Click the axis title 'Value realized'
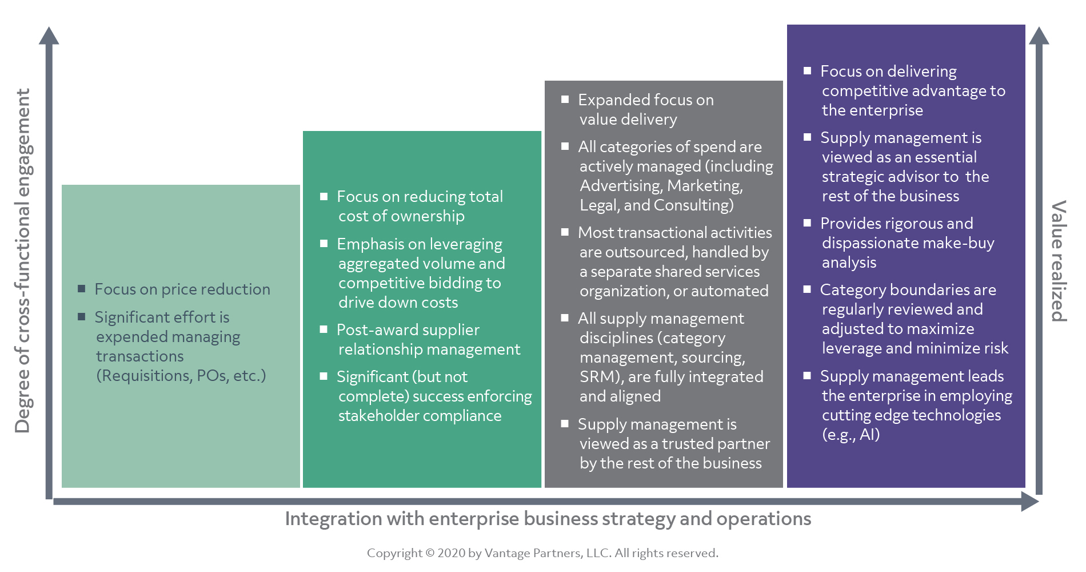coord(1059,261)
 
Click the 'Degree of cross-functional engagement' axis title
coord(23,261)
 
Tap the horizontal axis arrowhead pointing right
coord(1030,502)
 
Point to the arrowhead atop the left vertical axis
coord(49,35)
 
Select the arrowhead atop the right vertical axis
coord(1039,35)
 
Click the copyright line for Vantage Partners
coord(542,553)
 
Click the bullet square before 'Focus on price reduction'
coord(82,289)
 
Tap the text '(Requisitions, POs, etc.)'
coord(181,376)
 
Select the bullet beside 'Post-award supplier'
coord(324,329)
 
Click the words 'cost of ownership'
coord(401,216)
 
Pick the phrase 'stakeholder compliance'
coord(420,416)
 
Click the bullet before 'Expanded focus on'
coord(565,100)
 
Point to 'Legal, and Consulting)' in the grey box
coord(656,205)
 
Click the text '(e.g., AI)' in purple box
coord(851,435)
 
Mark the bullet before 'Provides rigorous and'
coord(807,223)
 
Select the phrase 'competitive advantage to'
coord(913,91)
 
